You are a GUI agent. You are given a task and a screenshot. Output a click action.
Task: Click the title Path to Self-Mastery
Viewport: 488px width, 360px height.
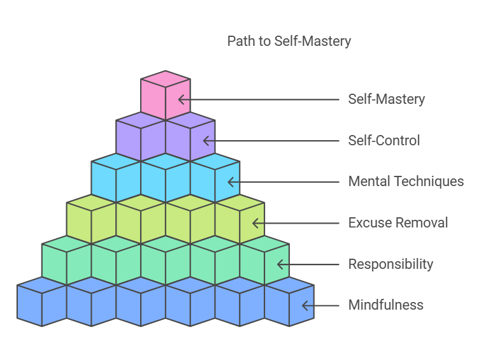tap(289, 41)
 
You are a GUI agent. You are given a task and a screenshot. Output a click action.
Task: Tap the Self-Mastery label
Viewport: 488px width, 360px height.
tap(386, 99)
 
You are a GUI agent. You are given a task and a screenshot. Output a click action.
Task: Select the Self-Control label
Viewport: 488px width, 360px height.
tap(384, 140)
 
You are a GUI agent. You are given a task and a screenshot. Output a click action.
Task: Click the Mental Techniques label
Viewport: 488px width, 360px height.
tap(406, 182)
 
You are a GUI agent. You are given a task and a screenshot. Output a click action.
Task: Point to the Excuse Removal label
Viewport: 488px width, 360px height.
tap(398, 223)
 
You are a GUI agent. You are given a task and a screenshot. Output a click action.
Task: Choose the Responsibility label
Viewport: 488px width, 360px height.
tap(391, 264)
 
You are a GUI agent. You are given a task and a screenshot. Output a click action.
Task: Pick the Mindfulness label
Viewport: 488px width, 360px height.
tap(385, 305)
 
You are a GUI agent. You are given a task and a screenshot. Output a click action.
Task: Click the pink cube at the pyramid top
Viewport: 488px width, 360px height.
tap(166, 96)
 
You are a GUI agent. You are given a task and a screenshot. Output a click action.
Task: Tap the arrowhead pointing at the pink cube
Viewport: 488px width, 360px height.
tap(182, 99)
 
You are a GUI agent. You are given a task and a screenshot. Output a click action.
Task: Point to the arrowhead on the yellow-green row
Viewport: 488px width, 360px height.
tap(255, 223)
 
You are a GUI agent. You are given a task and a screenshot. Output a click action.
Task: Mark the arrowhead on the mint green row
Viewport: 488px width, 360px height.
tap(280, 264)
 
